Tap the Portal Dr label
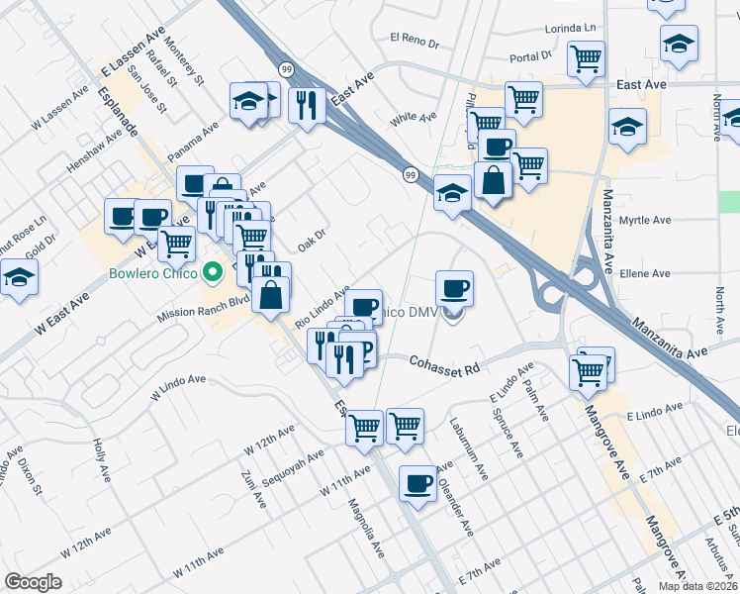[x=530, y=57]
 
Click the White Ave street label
[x=414, y=118]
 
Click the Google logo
[x=33, y=582]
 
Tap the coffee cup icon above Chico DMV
[x=454, y=288]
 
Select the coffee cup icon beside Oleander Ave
[x=417, y=483]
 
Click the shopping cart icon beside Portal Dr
[x=586, y=58]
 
